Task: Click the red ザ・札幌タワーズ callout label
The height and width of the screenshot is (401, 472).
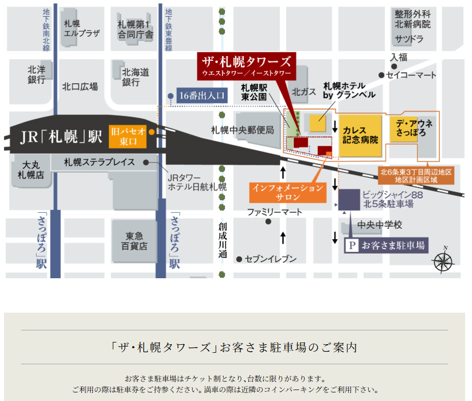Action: pyautogui.click(x=246, y=66)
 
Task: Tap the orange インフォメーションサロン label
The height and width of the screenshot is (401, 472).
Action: pyautogui.click(x=288, y=192)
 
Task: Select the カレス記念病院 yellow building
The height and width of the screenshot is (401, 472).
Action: pyautogui.click(x=360, y=135)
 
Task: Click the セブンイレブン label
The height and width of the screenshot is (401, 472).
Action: pyautogui.click(x=271, y=259)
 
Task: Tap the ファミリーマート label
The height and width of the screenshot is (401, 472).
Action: pyautogui.click(x=275, y=212)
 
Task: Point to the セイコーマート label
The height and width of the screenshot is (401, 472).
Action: pyautogui.click(x=411, y=75)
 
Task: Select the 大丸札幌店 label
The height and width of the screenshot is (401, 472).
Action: pyautogui.click(x=30, y=169)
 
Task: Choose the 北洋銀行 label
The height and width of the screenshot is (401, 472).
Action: pyautogui.click(x=36, y=75)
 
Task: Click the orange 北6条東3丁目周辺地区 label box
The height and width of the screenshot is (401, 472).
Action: pyautogui.click(x=416, y=176)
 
